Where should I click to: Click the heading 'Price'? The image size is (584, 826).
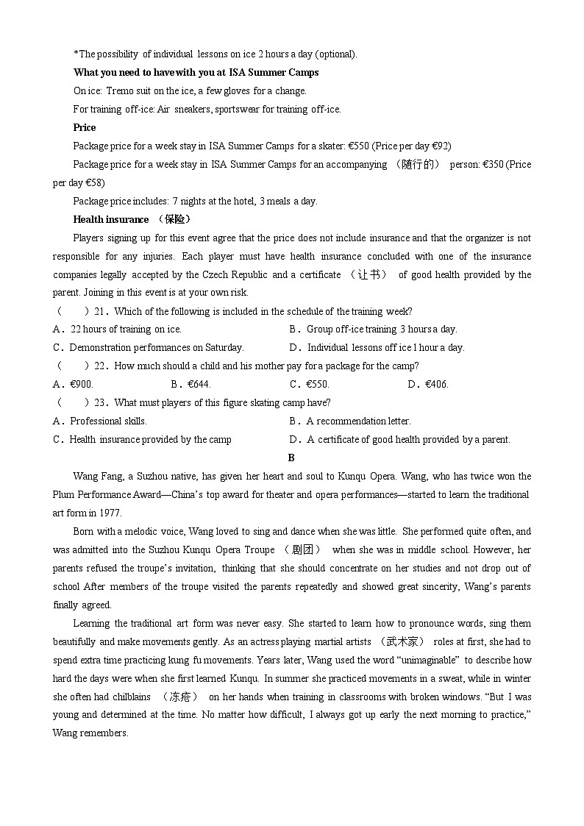85,127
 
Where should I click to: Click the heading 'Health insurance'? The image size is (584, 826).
110,219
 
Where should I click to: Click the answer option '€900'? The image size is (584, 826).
81,385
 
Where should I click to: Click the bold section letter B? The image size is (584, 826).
291,457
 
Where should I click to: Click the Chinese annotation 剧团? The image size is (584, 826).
302,550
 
